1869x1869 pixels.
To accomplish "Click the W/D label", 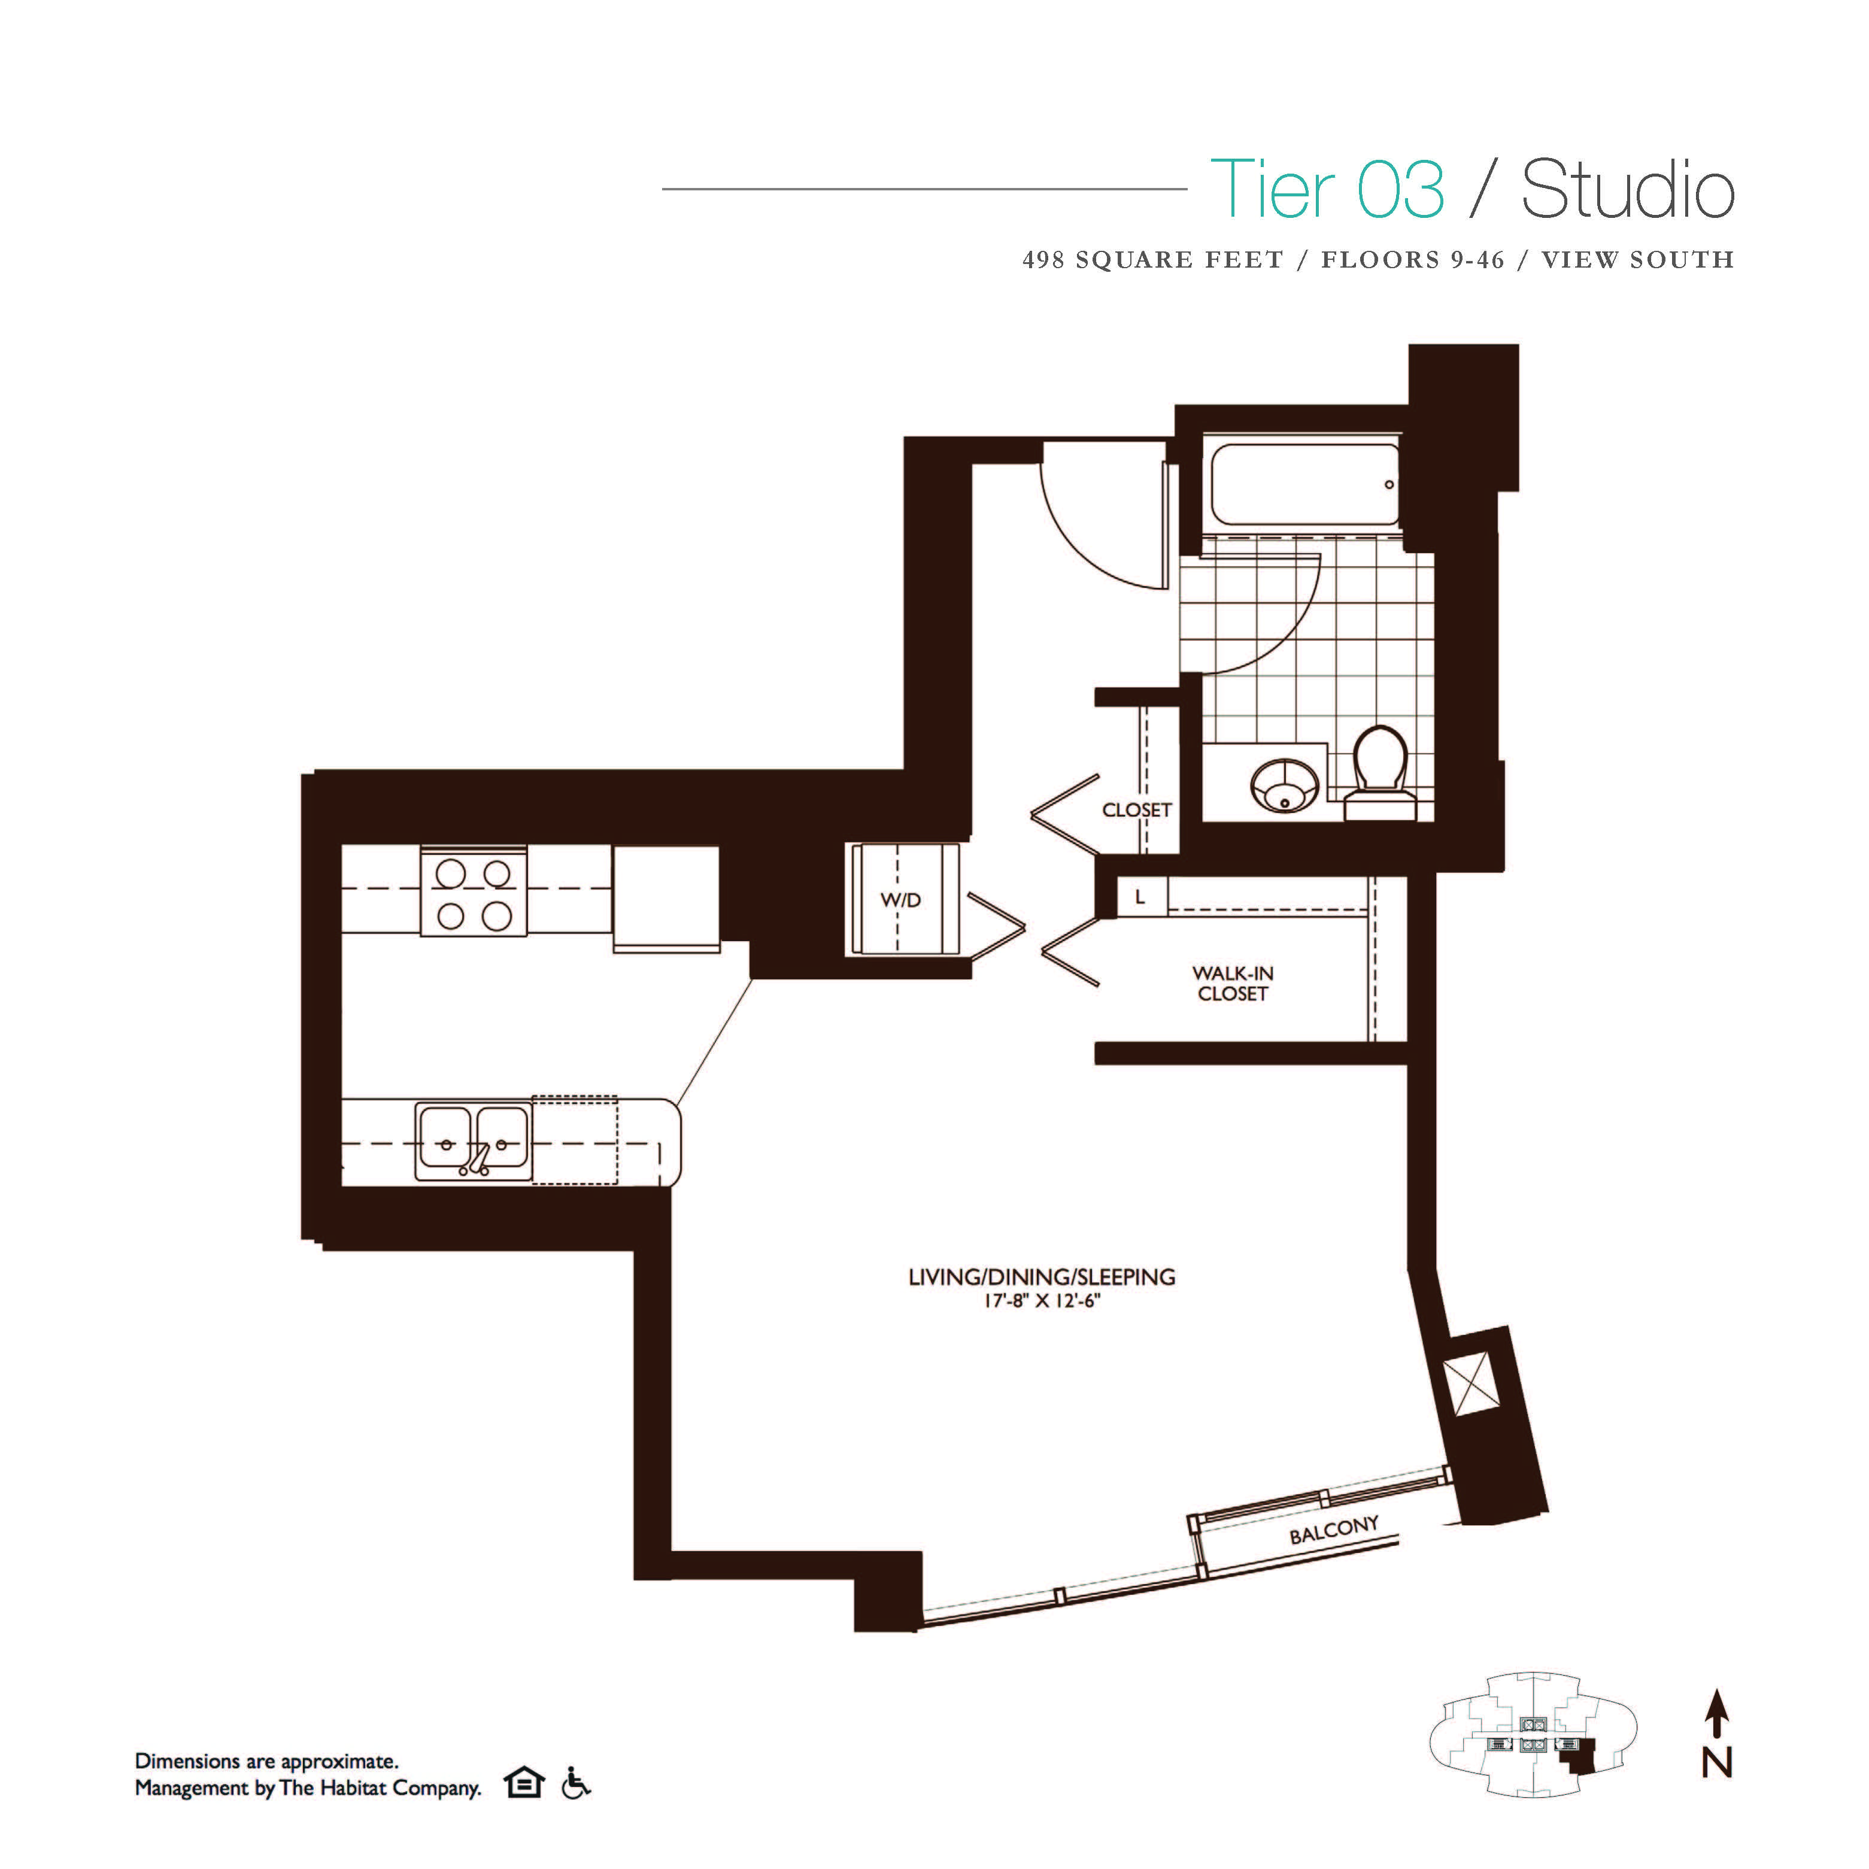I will tap(900, 900).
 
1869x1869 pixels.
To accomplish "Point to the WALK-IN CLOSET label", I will tap(1233, 983).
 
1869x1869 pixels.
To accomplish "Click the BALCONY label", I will tap(1333, 1530).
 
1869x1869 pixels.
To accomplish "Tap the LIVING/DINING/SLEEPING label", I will tap(1042, 1277).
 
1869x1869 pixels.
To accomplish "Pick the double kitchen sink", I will tap(473, 1142).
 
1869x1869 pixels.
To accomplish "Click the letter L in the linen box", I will tap(1140, 897).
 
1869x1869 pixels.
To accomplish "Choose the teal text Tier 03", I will tap(1327, 190).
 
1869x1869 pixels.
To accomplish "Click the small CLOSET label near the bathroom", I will tap(1137, 810).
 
